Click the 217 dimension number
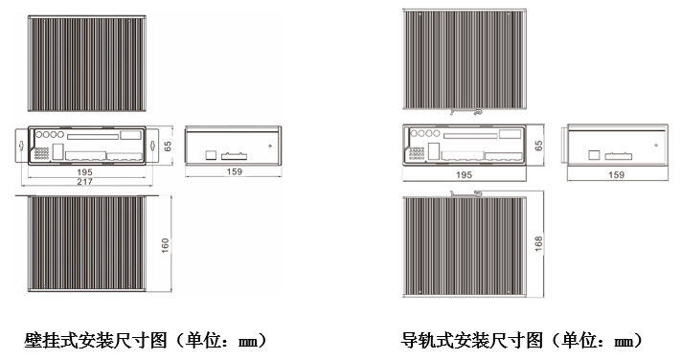click(x=84, y=182)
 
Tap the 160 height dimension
click(x=165, y=245)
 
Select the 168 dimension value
click(x=538, y=243)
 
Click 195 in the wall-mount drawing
click(x=84, y=172)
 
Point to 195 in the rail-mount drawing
click(x=464, y=174)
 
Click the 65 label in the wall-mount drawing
click(x=168, y=146)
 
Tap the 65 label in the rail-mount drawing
click(x=538, y=146)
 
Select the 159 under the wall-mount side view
click(x=234, y=171)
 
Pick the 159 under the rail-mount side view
click(x=616, y=174)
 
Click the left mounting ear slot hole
click(x=21, y=146)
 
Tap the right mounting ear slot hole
click(x=152, y=146)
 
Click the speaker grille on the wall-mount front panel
click(x=42, y=152)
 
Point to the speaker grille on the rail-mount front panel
click(x=417, y=153)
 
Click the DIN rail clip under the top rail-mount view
click(x=466, y=112)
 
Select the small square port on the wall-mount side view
click(x=211, y=155)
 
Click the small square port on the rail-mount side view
click(x=594, y=155)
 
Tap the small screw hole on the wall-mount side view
click(x=270, y=146)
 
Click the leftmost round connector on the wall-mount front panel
click(x=39, y=135)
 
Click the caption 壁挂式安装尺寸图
click(x=96, y=340)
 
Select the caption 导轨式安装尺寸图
click(x=472, y=340)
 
